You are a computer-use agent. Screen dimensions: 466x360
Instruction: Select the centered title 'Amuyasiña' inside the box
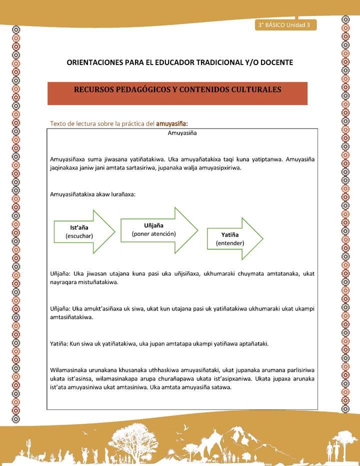182,133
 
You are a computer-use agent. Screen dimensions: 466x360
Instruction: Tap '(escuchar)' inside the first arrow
79,235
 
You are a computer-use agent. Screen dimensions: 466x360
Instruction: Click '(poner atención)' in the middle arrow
153,233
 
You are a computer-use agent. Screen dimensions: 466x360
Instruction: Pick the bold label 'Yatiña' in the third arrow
230,234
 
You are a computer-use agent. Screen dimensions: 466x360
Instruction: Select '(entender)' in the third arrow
230,243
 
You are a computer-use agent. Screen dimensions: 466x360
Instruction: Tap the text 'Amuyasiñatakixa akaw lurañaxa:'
93,194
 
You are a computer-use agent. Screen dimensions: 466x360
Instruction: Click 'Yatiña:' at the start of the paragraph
60,343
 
